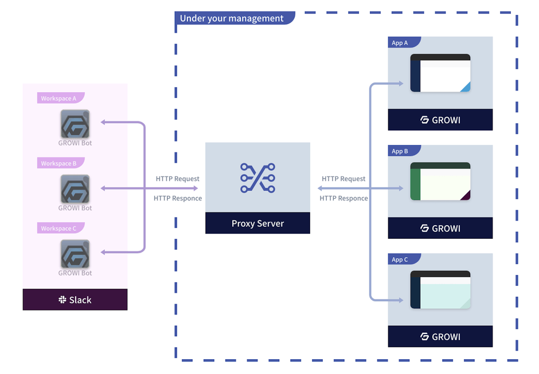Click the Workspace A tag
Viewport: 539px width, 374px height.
[x=58, y=99]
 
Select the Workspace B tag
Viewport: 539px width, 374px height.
[x=58, y=163]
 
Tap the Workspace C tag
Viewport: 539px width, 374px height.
[x=58, y=229]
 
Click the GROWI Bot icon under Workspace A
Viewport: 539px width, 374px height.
[x=75, y=124]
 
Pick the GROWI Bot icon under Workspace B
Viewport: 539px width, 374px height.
[x=75, y=189]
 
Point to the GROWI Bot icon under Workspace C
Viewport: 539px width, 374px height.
[x=75, y=254]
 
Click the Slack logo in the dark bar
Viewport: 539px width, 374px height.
[x=63, y=300]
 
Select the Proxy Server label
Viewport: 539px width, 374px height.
[x=257, y=223]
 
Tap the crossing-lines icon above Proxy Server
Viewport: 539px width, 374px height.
[x=257, y=178]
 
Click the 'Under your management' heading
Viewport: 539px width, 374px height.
[x=232, y=18]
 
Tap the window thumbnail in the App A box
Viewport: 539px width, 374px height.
[x=440, y=73]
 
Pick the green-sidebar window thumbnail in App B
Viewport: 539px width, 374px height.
[x=440, y=181]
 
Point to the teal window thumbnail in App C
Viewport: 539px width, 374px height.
[x=440, y=290]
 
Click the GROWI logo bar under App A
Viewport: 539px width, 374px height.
[x=440, y=120]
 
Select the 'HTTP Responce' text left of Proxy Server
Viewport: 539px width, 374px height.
[x=178, y=198]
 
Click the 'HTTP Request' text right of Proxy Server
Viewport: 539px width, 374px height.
[x=343, y=179]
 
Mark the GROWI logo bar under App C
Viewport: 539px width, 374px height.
[x=440, y=337]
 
